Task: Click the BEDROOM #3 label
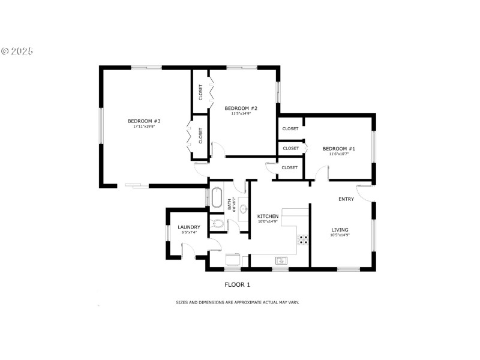pos(143,121)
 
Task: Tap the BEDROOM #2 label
pos(241,108)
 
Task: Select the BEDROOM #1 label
pos(338,149)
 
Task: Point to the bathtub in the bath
pos(216,197)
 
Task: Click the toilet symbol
pos(218,224)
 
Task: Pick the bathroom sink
pos(243,209)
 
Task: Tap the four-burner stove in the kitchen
pos(304,239)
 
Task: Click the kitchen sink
pos(281,260)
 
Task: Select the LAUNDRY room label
pos(188,227)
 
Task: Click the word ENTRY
pos(346,199)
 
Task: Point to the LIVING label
pos(340,230)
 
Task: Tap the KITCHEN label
pos(268,216)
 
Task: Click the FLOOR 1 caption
pos(237,284)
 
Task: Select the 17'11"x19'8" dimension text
pos(143,127)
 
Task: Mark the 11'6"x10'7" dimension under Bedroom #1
pos(338,154)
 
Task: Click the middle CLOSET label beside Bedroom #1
pos(290,148)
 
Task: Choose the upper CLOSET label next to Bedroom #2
pos(200,92)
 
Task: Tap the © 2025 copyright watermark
pos(17,51)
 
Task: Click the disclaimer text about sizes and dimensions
pos(237,302)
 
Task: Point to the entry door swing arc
pos(366,192)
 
